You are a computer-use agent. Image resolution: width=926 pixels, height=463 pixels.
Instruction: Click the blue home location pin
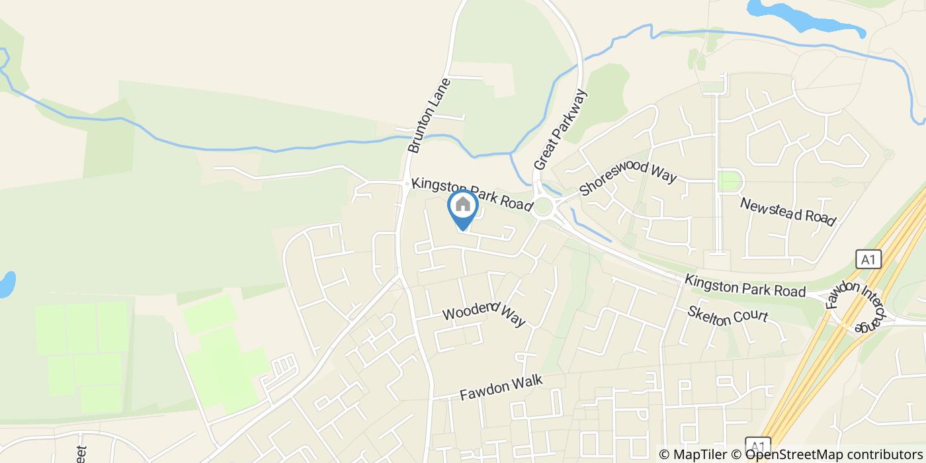coord(463,206)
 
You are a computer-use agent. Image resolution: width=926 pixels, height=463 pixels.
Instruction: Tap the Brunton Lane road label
coord(429,116)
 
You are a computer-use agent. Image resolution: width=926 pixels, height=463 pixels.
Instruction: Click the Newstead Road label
coord(788,212)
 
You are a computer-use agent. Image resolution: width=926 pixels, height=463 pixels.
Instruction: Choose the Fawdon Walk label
coord(501,388)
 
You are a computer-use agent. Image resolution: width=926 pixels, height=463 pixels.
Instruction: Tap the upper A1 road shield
coord(868,259)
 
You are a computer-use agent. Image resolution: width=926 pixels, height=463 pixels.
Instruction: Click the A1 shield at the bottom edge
coord(758,445)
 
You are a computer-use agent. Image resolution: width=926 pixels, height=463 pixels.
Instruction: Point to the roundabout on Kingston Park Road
coord(544,207)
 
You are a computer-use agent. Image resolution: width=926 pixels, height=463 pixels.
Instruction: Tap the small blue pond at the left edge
coord(6,284)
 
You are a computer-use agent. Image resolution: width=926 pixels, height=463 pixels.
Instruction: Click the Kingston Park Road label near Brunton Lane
coord(472,194)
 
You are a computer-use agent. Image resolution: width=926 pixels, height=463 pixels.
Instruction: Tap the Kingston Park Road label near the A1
coord(745,286)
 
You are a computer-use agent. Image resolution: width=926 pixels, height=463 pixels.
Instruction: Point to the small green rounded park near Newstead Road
coord(730,181)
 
